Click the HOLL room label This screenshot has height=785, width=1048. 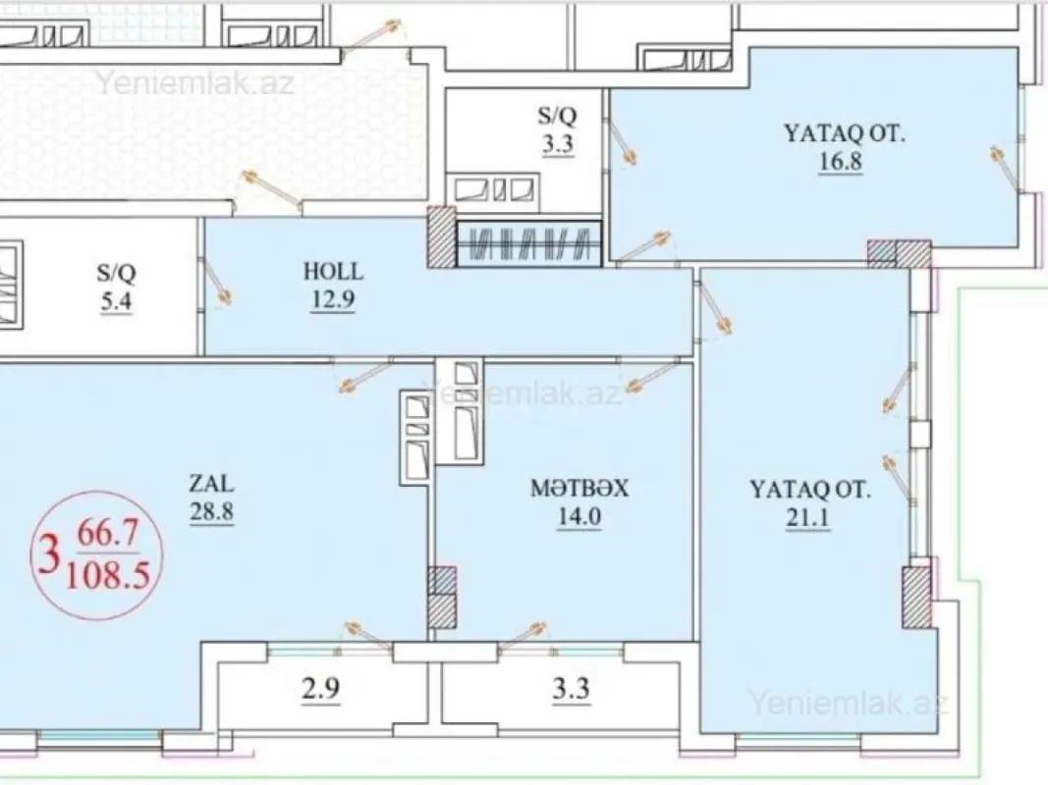click(333, 272)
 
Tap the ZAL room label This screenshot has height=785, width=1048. click(212, 483)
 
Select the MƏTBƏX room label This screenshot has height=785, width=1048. click(579, 489)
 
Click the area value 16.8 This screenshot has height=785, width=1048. click(840, 162)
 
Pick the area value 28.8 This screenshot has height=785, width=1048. click(212, 512)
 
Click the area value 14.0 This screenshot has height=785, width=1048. click(579, 518)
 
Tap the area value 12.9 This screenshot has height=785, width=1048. click(333, 299)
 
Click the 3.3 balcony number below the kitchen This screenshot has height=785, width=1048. click(571, 688)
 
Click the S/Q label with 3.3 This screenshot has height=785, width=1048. click(556, 116)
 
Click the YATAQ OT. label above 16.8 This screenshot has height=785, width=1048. click(844, 132)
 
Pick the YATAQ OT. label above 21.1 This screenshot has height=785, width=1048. click(809, 489)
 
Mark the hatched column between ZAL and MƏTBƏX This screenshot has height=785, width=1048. click(442, 598)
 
